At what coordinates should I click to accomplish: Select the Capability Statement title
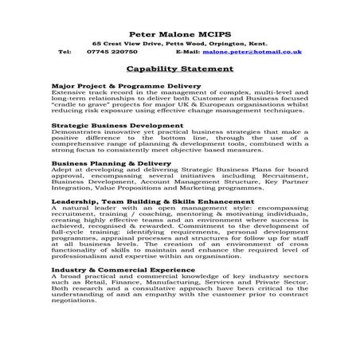point(180,68)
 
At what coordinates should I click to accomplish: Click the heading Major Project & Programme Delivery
point(126,84)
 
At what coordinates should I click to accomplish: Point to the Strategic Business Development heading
point(117,125)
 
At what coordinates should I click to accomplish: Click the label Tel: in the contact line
point(65,51)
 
